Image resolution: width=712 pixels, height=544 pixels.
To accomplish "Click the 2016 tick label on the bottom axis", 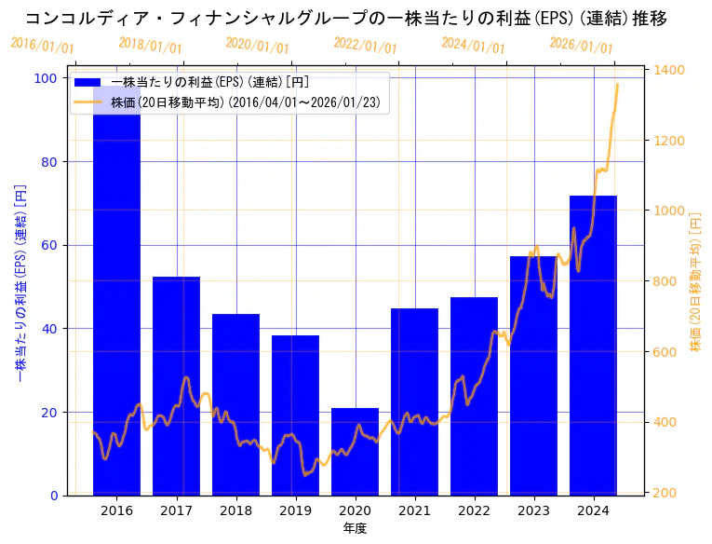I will coord(116,510).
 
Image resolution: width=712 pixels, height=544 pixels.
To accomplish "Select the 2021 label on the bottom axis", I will coord(414,510).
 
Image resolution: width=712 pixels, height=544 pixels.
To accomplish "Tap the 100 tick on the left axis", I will coord(45,78).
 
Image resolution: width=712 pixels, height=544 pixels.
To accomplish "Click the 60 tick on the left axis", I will coord(47,245).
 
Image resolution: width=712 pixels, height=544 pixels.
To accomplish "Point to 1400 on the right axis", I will coord(670,71).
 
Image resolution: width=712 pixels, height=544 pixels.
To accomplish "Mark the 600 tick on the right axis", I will coord(666,352).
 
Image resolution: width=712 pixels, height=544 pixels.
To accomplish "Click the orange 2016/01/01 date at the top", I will coord(42,46).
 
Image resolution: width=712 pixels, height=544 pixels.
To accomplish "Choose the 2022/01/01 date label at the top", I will coord(365,46).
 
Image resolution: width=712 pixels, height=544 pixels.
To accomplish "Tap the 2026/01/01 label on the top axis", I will coord(581,46).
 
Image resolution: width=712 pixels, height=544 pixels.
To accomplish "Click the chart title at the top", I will coord(345,18).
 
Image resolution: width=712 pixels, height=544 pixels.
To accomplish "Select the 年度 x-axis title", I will coord(355,528).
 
